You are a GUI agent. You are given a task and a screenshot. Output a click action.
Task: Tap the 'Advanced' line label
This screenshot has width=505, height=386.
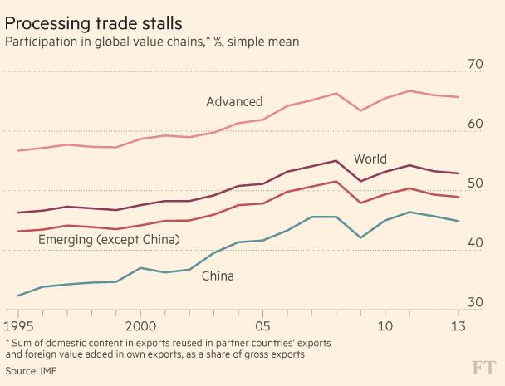point(234,102)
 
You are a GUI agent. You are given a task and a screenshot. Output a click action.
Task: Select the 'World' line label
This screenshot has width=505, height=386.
point(370,159)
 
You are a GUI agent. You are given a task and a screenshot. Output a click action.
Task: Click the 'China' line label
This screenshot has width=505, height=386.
point(218,276)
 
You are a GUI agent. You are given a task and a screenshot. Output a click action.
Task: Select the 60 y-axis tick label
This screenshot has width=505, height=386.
point(475,124)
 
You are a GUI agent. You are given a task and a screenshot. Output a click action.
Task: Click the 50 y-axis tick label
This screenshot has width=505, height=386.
point(475,183)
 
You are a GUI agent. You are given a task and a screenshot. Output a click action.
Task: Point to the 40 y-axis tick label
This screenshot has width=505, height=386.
point(475,242)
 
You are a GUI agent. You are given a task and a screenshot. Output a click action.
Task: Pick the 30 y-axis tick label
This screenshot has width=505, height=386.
point(475,302)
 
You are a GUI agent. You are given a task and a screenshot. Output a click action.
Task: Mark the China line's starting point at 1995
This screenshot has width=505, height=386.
point(17,296)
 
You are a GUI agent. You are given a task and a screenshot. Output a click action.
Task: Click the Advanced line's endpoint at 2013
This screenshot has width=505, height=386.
point(458,97)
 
